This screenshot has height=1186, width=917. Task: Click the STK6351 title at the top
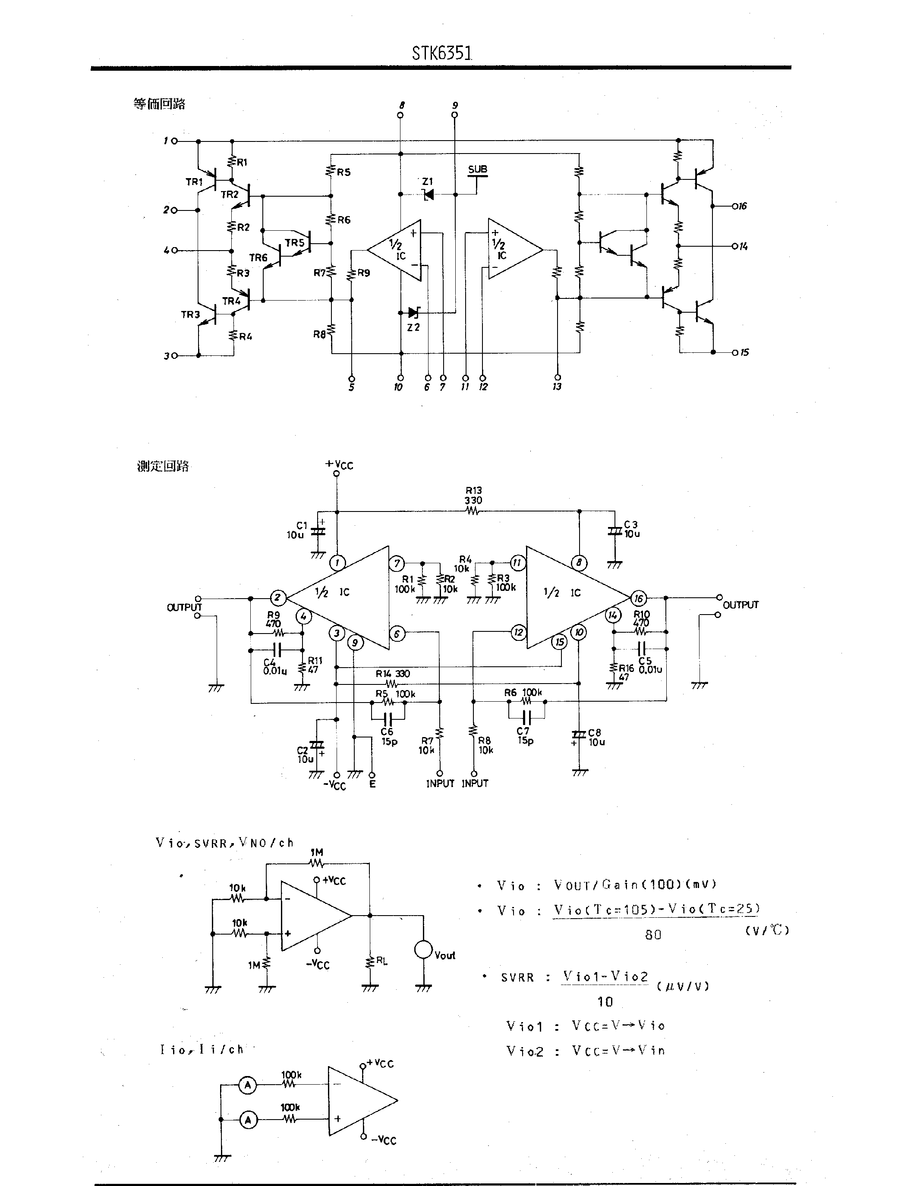441,53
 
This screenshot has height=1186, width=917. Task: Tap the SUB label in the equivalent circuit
478,169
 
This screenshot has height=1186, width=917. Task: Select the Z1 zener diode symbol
429,194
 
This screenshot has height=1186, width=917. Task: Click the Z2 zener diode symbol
414,312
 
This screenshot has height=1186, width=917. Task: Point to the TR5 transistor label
294,243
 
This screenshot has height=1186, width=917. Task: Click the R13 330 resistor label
473,495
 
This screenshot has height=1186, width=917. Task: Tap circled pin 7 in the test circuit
397,563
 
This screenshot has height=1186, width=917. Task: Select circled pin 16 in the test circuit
638,599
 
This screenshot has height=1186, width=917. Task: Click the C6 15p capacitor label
388,736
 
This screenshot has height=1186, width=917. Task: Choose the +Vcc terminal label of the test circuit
339,465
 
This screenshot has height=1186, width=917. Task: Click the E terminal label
372,784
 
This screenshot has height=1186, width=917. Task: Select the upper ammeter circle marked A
248,1085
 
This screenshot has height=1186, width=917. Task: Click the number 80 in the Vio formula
653,935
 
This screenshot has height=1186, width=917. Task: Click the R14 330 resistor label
392,673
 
